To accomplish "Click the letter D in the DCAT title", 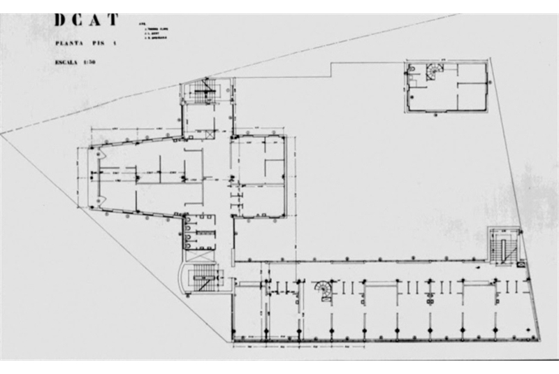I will coord(61,20).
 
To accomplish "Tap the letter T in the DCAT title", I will coord(112,20).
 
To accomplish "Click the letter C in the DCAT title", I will coord(78,20).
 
